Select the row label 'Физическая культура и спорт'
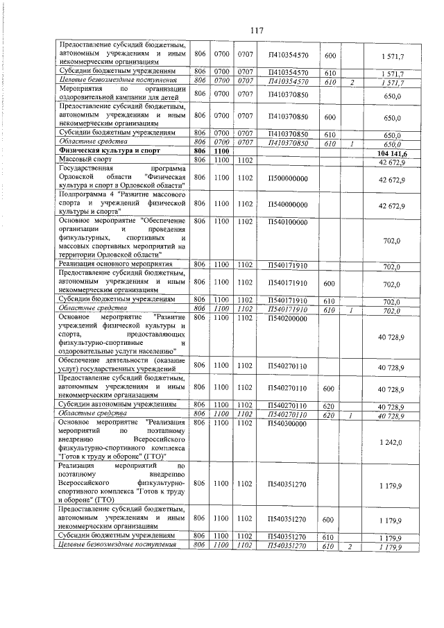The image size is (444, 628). tap(105, 151)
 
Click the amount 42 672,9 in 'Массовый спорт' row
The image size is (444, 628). tap(392, 162)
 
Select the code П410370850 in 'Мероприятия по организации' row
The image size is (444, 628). tap(287, 94)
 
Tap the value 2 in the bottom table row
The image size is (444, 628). tap(352, 547)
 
